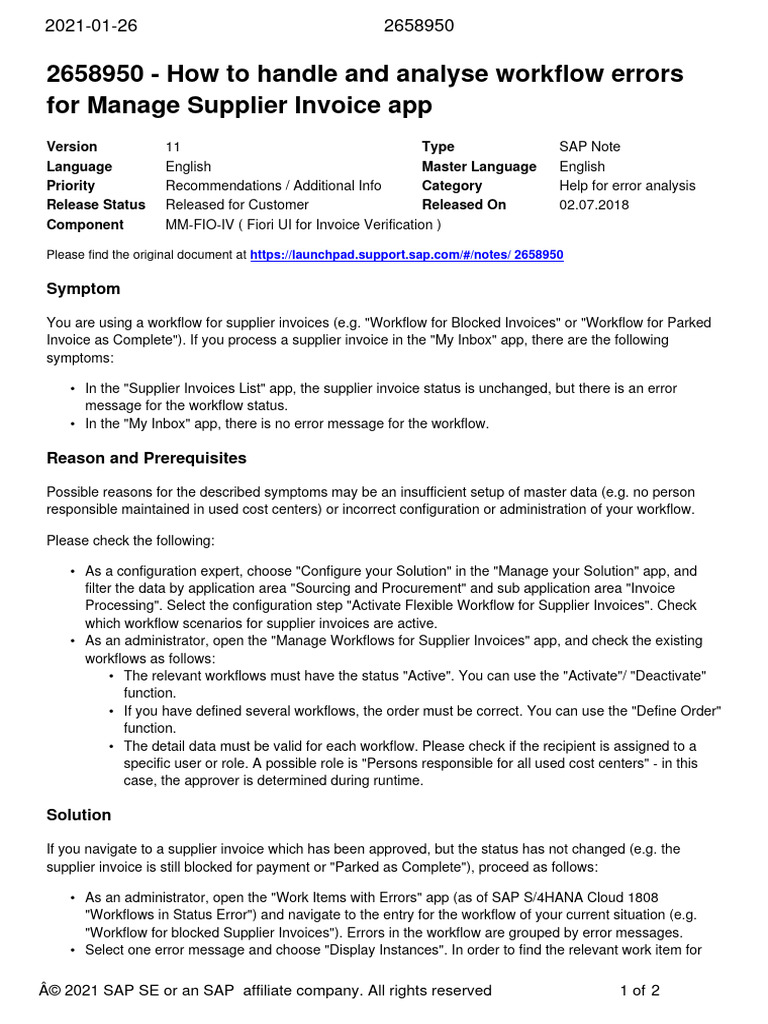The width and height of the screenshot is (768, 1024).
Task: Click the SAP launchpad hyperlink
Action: point(406,255)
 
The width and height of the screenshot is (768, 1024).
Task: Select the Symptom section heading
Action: point(83,289)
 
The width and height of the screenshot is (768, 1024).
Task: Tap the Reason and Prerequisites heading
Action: point(146,458)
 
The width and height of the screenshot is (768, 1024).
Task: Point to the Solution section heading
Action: point(79,815)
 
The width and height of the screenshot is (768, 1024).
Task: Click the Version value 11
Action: point(173,147)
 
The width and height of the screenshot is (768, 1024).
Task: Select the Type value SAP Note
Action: point(589,147)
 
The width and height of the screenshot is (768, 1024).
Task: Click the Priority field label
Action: point(71,186)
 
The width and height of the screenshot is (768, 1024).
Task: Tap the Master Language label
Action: point(479,167)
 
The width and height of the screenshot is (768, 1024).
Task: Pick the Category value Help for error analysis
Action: point(627,186)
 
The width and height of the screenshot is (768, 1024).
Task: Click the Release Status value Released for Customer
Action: point(237,205)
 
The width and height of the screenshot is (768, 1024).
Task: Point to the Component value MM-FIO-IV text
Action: point(302,225)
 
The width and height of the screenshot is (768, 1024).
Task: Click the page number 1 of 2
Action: point(640,991)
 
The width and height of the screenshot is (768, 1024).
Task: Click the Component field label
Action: point(85,225)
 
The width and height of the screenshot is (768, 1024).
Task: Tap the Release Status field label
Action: point(96,205)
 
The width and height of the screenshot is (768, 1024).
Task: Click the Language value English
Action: point(188,167)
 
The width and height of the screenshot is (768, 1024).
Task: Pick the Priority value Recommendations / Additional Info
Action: point(273,186)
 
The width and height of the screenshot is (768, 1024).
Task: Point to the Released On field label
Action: point(464,205)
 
